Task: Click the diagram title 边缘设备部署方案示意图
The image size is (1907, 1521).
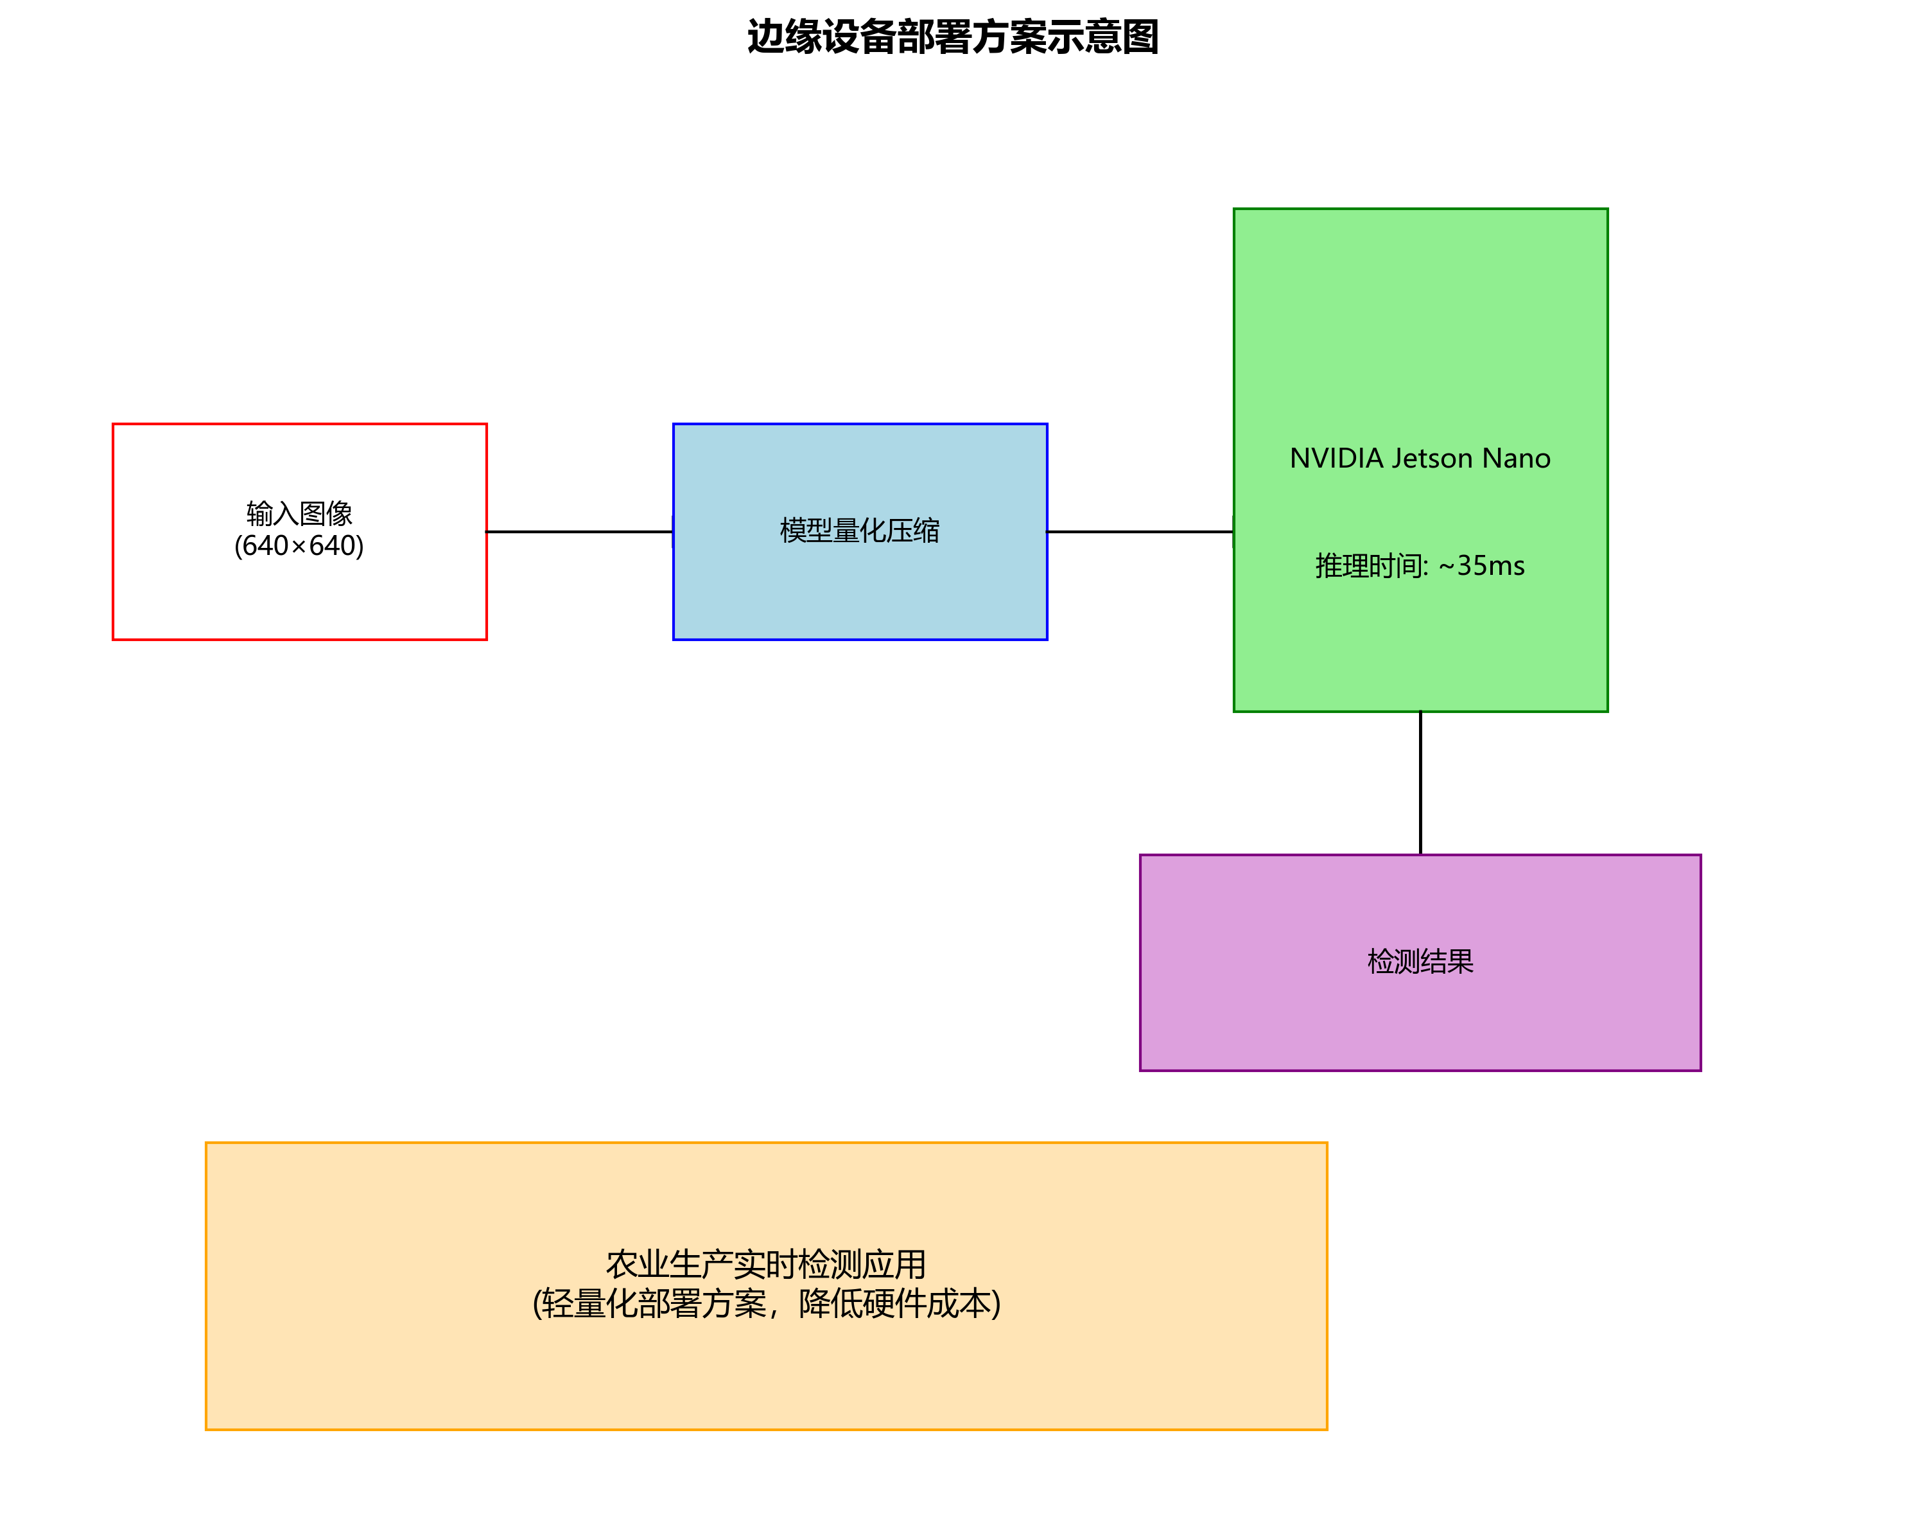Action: [x=953, y=38]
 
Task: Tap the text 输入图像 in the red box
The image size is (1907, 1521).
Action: [x=299, y=513]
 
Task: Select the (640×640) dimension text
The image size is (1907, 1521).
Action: [x=299, y=546]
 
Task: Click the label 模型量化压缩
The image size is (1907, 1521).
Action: [x=860, y=531]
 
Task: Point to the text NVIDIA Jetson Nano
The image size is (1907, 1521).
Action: [x=1420, y=459]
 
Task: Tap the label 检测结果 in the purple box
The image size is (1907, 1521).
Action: [x=1420, y=961]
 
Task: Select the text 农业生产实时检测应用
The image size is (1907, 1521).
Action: [x=766, y=1265]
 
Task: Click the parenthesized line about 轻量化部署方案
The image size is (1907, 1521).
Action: [x=766, y=1303]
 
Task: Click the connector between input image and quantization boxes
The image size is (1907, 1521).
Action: [x=579, y=532]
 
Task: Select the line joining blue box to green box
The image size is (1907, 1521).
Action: [x=1140, y=532]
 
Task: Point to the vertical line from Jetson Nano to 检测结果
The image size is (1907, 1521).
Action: [x=1420, y=782]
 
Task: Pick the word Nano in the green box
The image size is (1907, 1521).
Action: [x=1516, y=459]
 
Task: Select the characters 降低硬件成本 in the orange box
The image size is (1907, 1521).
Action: [x=895, y=1303]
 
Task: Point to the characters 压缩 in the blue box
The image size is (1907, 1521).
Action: [x=914, y=531]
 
